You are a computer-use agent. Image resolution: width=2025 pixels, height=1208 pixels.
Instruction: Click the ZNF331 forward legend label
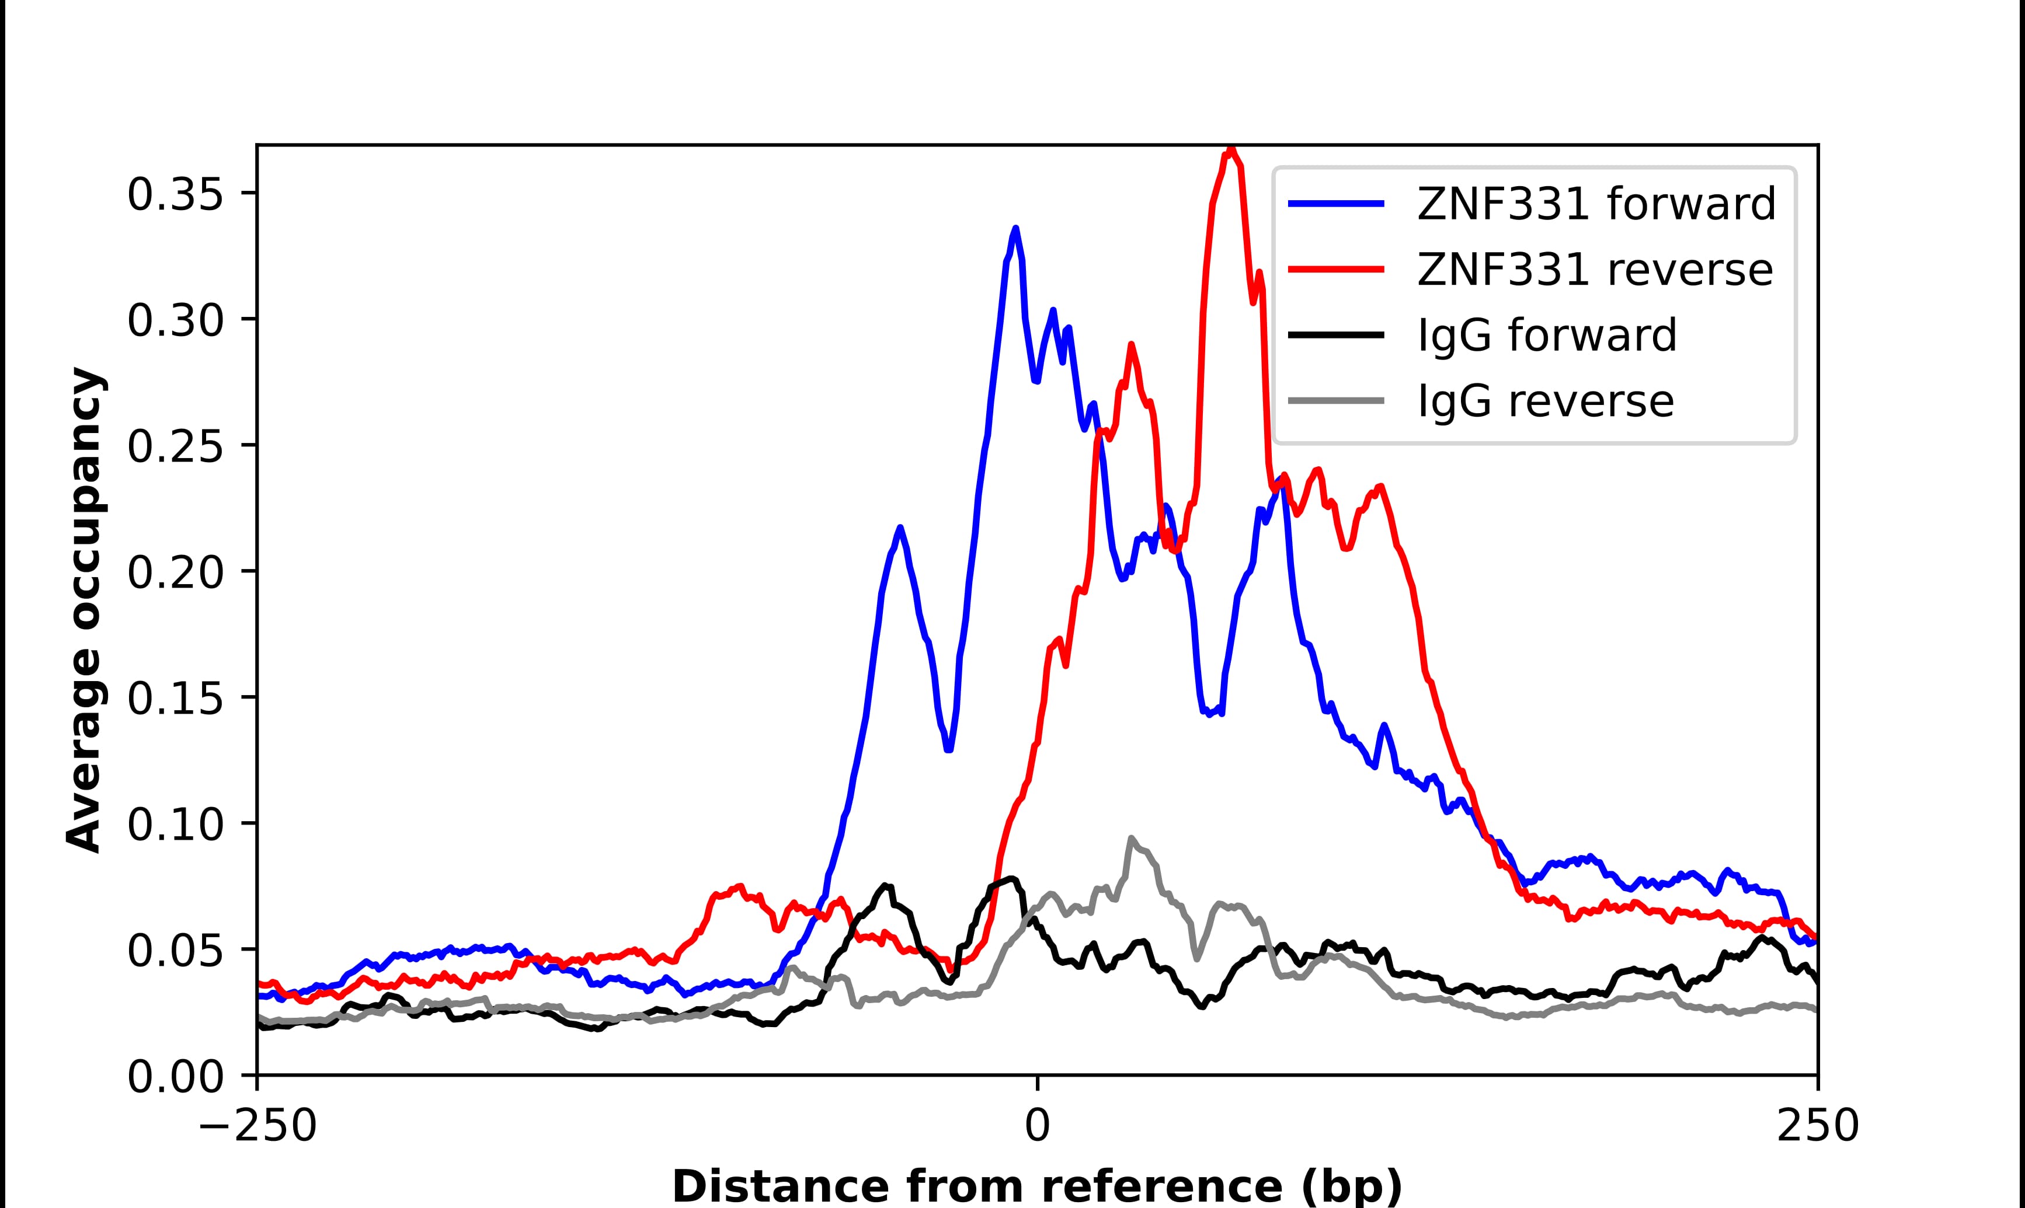click(1596, 204)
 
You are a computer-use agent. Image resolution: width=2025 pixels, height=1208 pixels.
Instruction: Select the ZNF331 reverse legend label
click(1594, 270)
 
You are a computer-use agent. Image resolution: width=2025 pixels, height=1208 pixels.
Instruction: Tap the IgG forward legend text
click(1547, 336)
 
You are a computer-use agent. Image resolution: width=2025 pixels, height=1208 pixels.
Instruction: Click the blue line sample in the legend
click(1336, 204)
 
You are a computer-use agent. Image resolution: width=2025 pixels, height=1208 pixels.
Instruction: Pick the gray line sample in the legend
click(1336, 400)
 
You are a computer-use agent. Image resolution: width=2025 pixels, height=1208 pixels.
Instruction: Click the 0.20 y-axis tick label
click(175, 573)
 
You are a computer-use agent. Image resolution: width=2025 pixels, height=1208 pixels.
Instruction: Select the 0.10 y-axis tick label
click(175, 825)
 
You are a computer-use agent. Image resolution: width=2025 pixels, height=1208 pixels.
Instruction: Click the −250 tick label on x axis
click(258, 1127)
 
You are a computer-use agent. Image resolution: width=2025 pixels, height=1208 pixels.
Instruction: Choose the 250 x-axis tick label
click(1817, 1127)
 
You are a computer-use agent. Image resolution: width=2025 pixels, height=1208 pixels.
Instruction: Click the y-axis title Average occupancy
click(85, 610)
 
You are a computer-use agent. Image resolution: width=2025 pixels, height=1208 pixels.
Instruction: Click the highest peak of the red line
click(1230, 150)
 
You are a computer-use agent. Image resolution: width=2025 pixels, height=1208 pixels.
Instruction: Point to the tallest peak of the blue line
click(1015, 229)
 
